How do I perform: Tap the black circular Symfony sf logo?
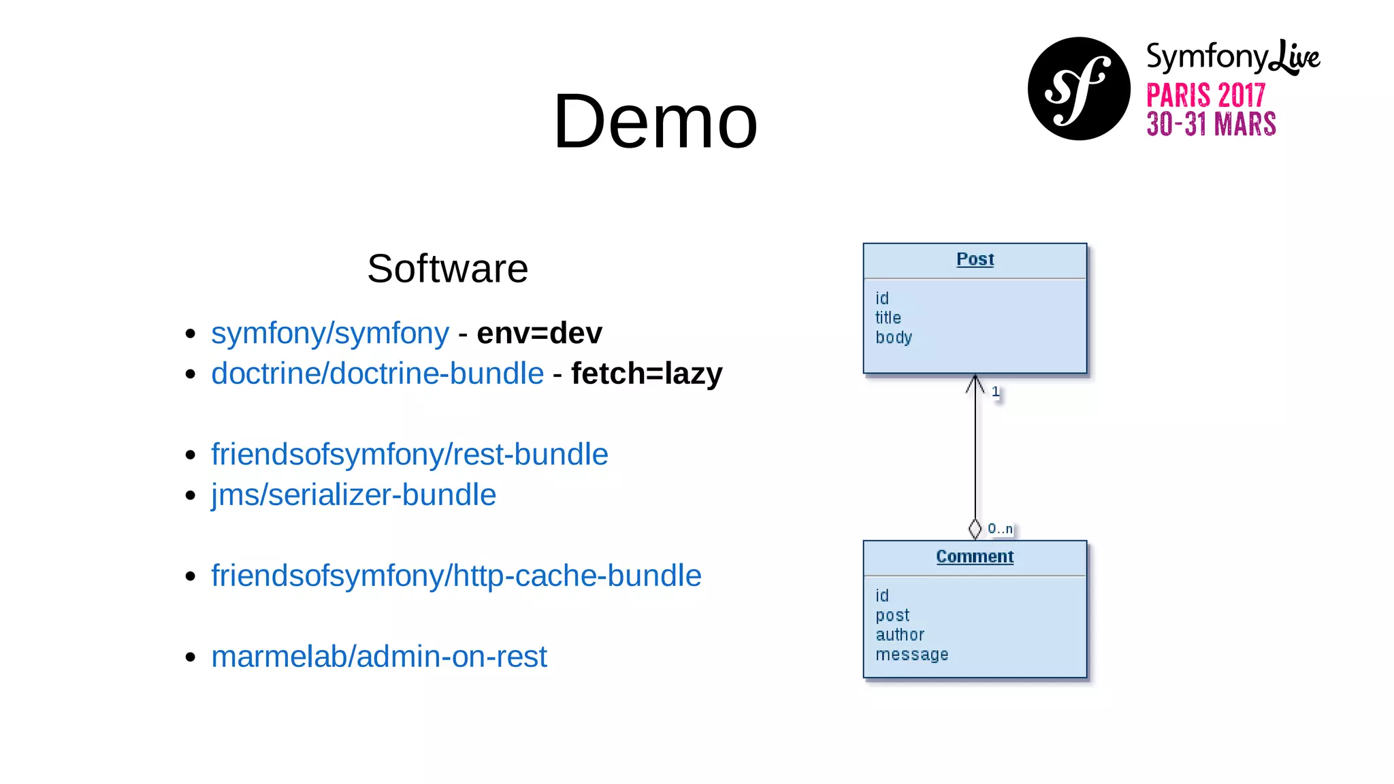tap(1079, 89)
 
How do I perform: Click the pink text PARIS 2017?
tap(1205, 95)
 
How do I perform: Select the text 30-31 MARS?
tap(1210, 125)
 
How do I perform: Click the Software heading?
tap(447, 268)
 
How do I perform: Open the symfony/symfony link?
tap(330, 333)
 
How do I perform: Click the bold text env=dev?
tap(539, 333)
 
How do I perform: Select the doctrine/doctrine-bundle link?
tap(377, 374)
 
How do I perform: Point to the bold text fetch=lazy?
tap(646, 374)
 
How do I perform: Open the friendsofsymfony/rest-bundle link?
tap(409, 455)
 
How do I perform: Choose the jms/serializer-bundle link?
tap(353, 495)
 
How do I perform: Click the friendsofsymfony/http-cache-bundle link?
tap(456, 576)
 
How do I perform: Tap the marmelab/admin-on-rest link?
tap(378, 657)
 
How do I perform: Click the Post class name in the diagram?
tap(975, 259)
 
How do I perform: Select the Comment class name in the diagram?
tap(975, 557)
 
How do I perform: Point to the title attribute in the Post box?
tap(888, 318)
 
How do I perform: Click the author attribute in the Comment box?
tap(899, 635)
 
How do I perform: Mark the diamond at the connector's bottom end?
tap(975, 529)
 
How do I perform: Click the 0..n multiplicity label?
tap(1000, 529)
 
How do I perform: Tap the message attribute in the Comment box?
tap(911, 655)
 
